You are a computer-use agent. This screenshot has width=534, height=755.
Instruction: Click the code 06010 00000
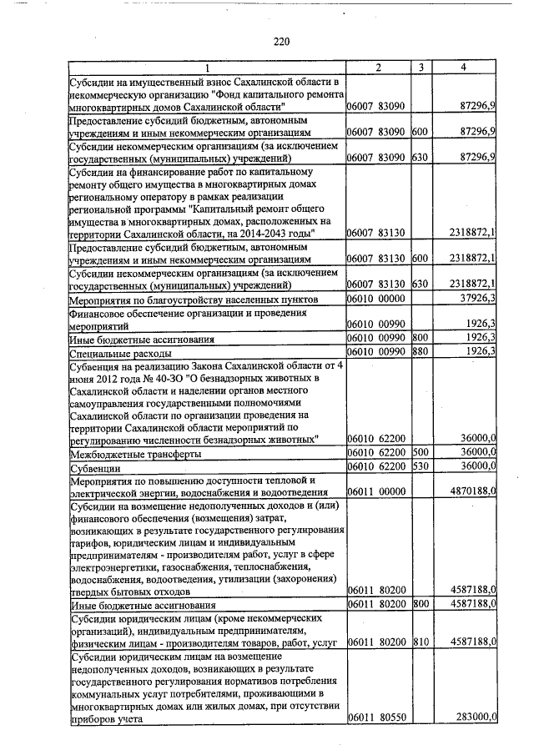[375, 298]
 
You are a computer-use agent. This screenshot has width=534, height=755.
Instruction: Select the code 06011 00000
[375, 493]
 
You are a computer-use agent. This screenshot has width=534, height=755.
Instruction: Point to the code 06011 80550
[375, 717]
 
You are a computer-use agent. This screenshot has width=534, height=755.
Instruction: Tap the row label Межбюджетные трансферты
[133, 453]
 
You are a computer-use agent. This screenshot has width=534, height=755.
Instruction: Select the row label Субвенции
[96, 466]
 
